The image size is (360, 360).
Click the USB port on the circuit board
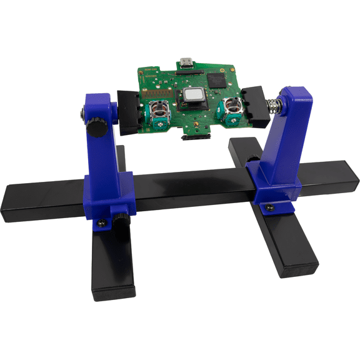coord(186,63)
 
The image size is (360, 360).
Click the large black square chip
coord(218,79)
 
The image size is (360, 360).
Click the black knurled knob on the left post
coord(96,129)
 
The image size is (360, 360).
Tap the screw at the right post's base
coord(270,207)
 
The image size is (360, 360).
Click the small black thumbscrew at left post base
coord(119,219)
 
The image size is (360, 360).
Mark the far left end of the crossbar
coord(9,201)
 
